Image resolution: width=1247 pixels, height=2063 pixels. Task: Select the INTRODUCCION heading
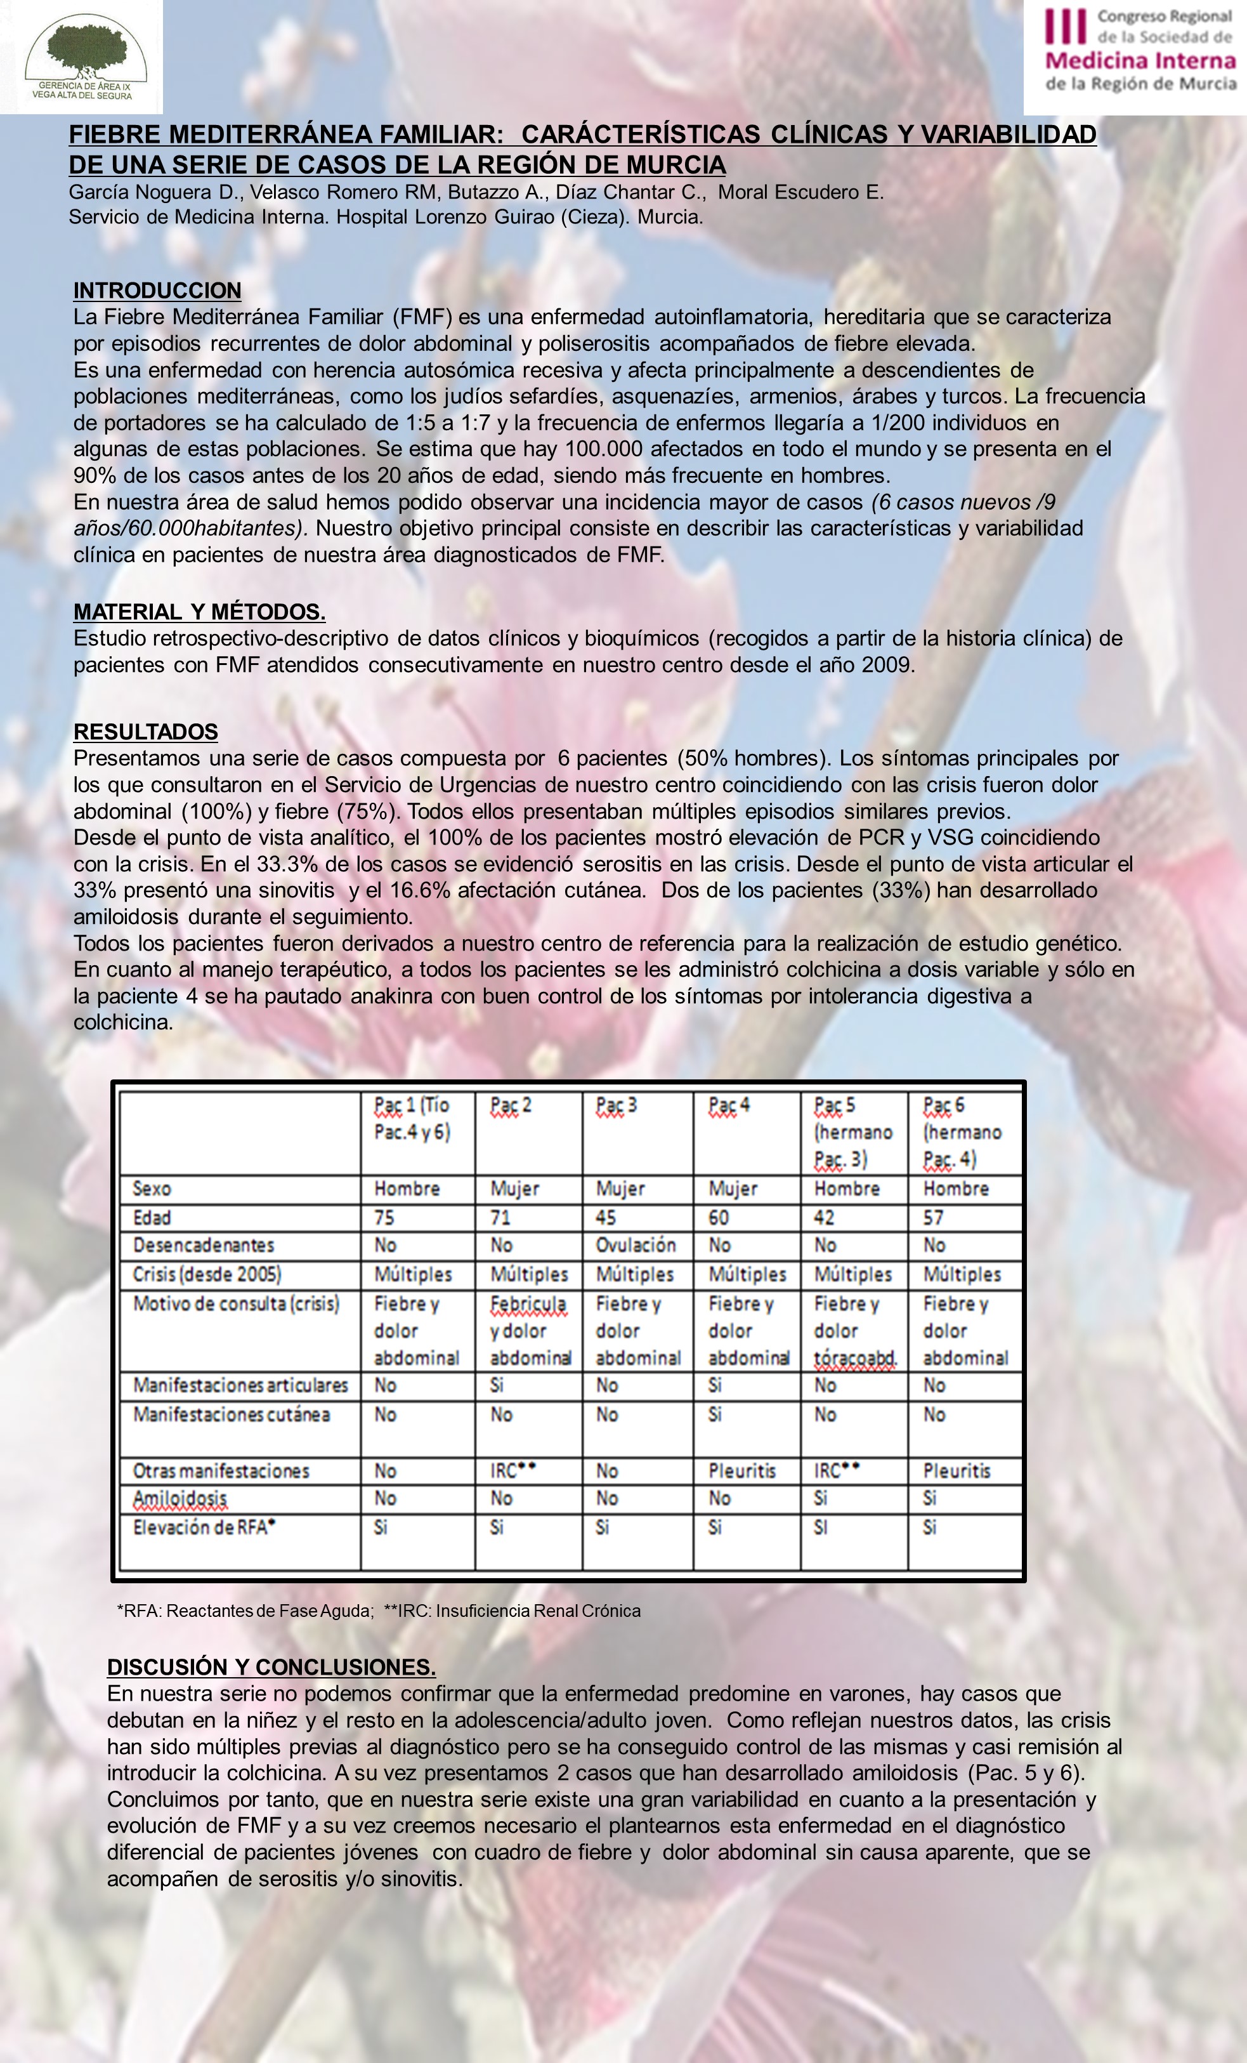point(157,291)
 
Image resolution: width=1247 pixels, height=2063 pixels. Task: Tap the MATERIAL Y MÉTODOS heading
point(199,612)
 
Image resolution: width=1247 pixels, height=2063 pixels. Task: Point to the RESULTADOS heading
point(146,732)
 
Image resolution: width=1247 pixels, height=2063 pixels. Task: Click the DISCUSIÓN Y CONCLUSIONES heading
point(271,1667)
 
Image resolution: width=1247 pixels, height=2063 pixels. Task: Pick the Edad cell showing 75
point(385,1217)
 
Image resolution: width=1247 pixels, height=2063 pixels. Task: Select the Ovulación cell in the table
point(635,1245)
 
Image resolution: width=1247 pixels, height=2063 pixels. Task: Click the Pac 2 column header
point(511,1106)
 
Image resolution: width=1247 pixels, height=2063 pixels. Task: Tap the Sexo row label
point(152,1189)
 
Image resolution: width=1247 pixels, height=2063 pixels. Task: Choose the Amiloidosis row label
point(180,1499)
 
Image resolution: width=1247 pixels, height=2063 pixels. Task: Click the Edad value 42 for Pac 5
point(825,1217)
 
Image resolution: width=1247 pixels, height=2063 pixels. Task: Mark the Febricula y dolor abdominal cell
point(529,1331)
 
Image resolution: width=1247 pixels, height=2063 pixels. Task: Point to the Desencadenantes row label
point(204,1245)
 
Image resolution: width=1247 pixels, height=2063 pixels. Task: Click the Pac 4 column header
point(729,1106)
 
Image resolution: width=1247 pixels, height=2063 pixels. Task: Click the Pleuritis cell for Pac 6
point(956,1471)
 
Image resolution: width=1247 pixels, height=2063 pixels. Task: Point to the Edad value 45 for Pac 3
point(606,1217)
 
